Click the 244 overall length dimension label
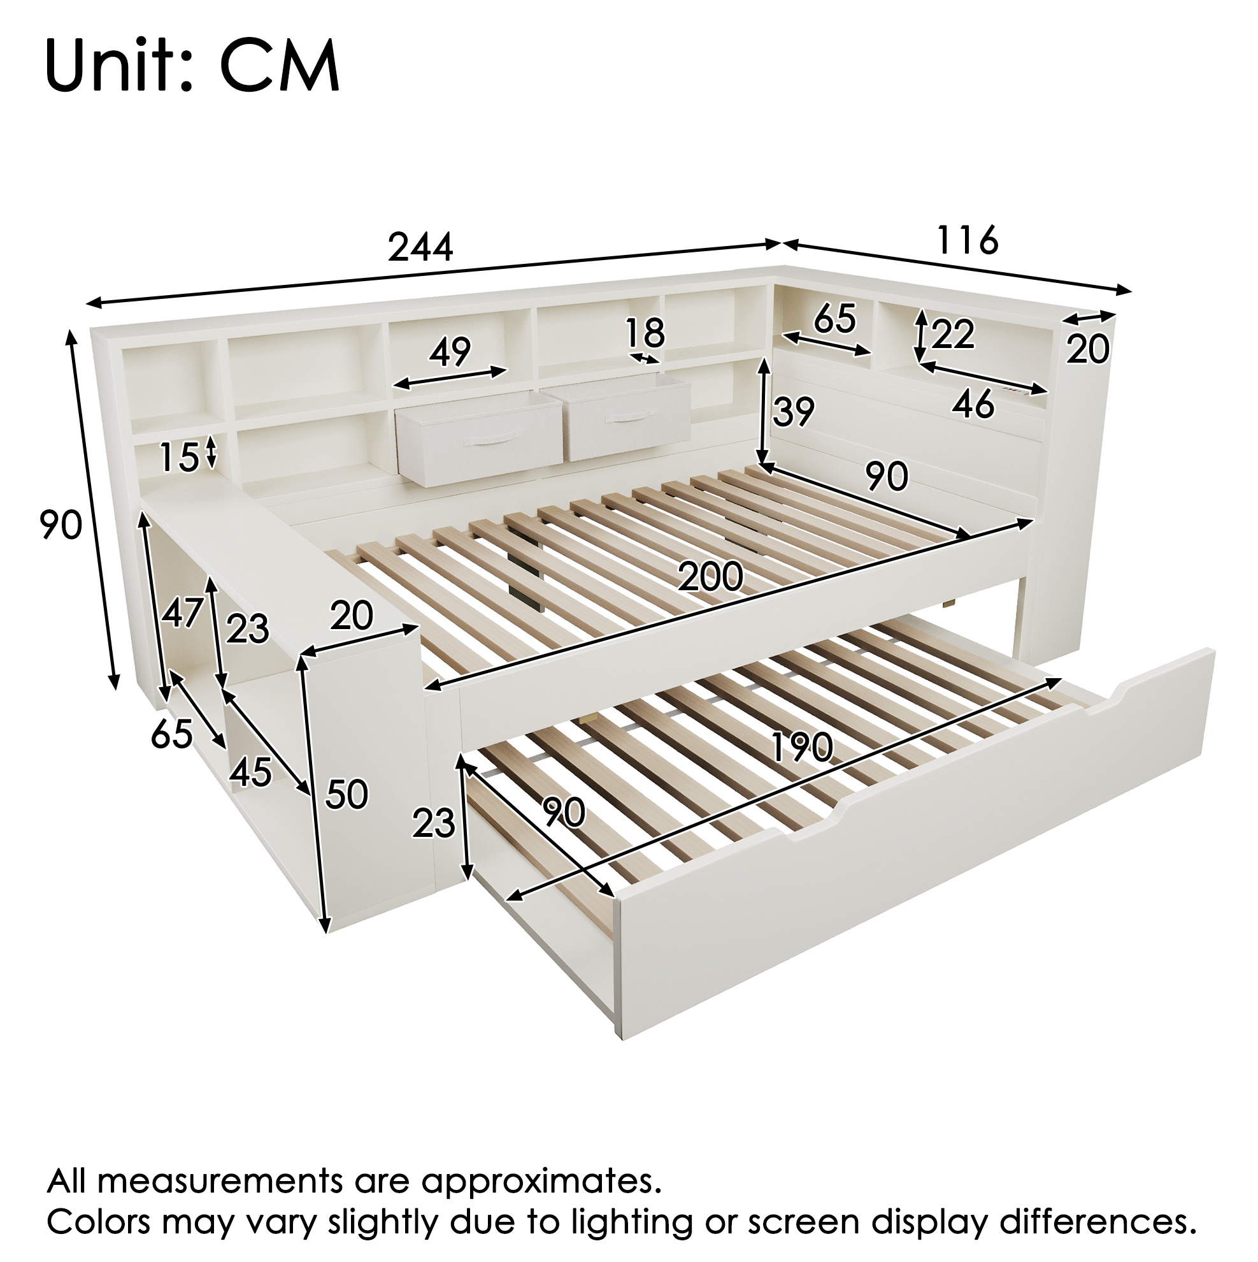coord(420,247)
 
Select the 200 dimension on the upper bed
coord(710,577)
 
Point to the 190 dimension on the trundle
coord(802,746)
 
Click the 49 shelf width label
coord(450,352)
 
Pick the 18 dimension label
coord(645,333)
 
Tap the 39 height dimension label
coord(793,412)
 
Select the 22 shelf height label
coord(953,335)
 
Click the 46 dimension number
coord(973,405)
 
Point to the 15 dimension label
coord(180,456)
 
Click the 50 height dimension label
coord(347,794)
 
